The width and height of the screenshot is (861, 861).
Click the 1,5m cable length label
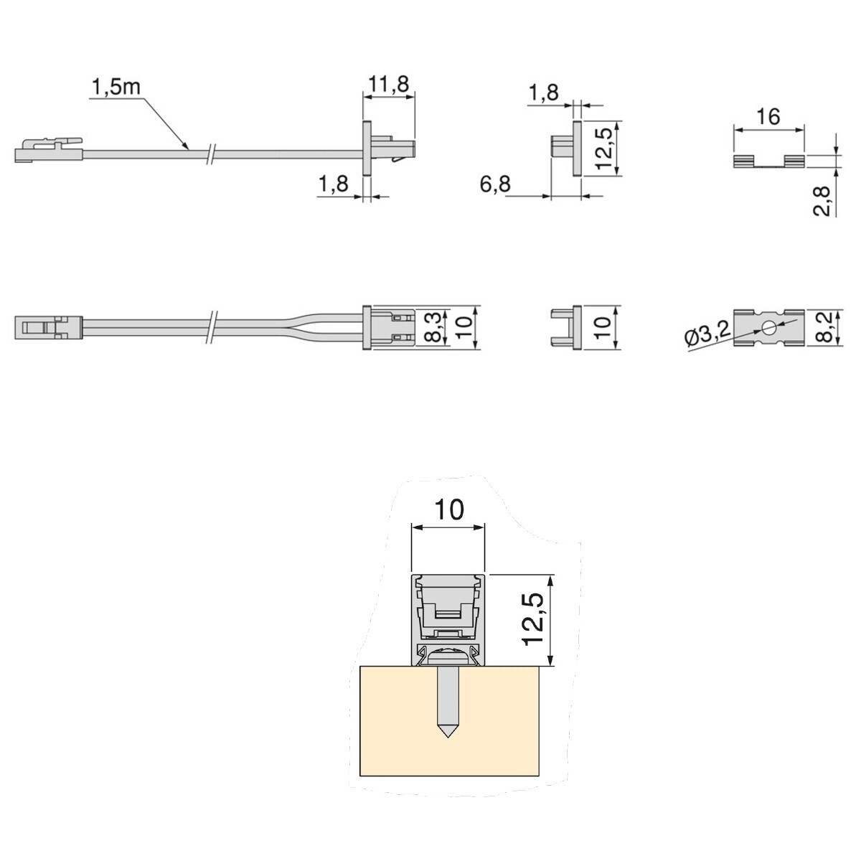116,87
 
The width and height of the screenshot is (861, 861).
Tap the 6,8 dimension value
495,184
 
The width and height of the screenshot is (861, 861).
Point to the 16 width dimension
768,117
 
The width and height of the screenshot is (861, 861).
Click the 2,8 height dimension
822,202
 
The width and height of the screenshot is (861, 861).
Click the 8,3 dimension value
438,327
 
